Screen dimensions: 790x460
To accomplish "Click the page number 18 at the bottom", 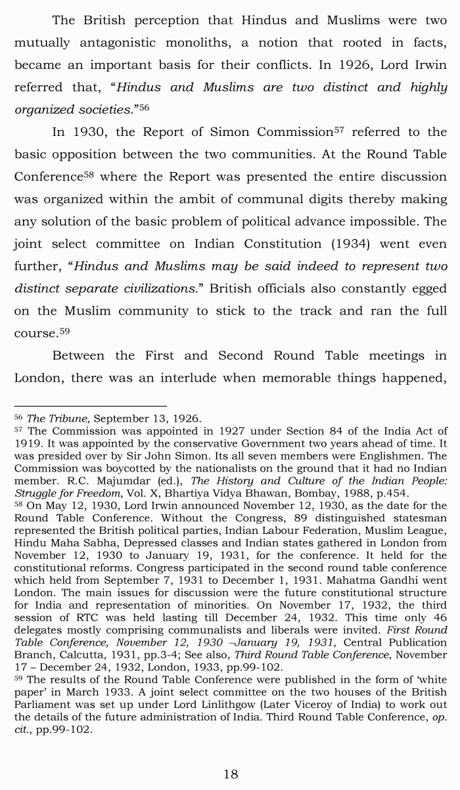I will point(231,774).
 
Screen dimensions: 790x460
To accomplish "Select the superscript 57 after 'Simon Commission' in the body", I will point(339,130).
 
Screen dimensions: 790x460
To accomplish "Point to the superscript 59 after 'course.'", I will point(64,331).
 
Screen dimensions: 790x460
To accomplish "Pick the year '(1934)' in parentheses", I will point(333,244).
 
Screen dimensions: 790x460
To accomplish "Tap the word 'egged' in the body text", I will point(428,289).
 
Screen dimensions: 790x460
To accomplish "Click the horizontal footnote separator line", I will point(90,406).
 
